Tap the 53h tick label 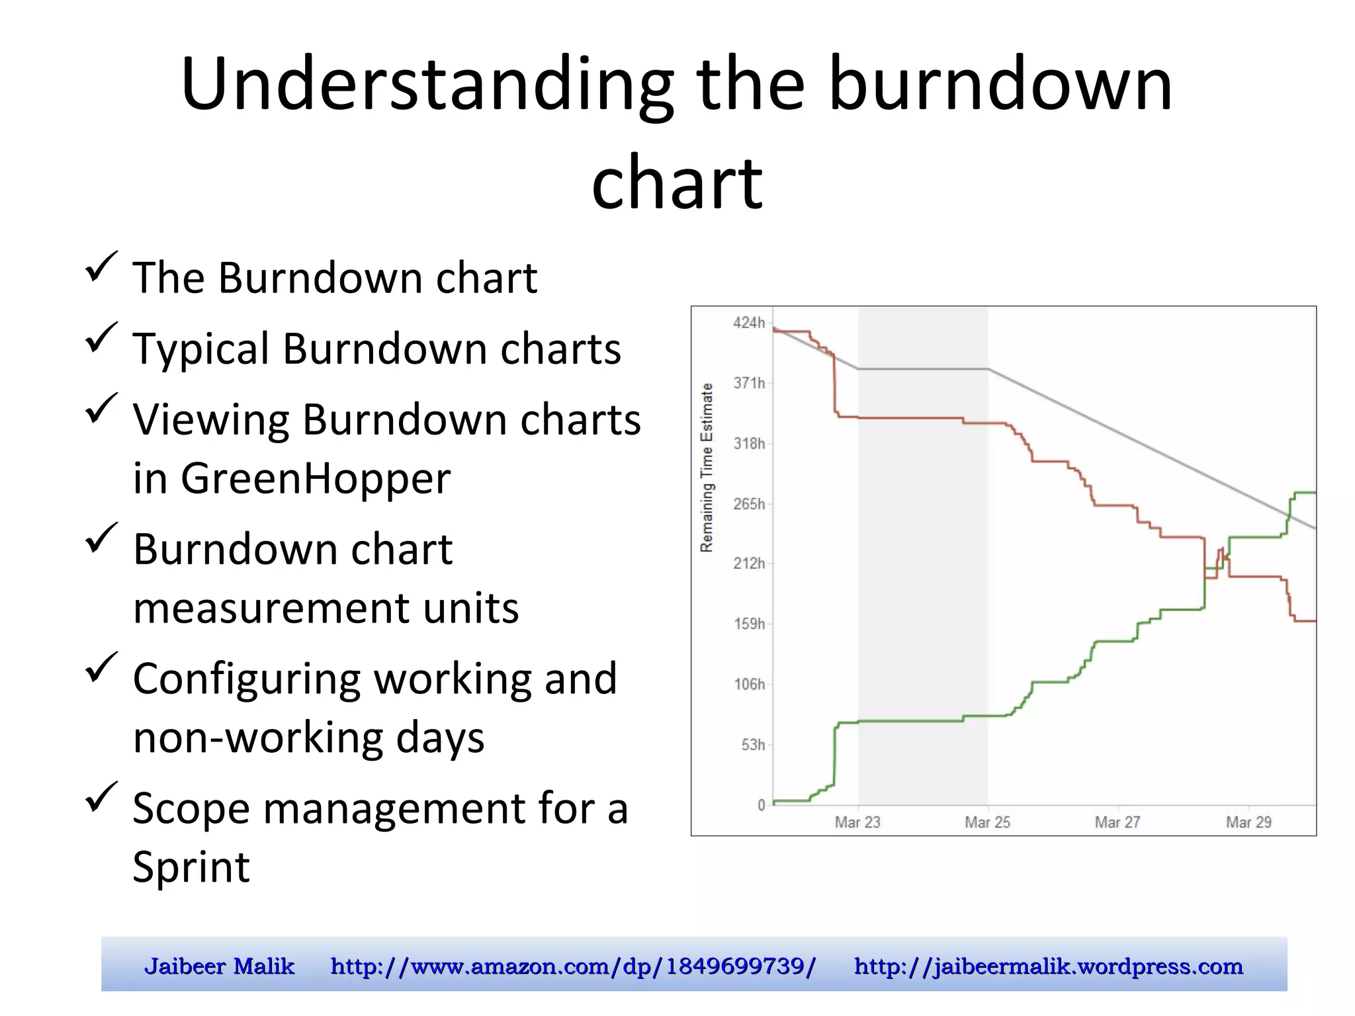pos(752,745)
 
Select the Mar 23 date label pos(857,822)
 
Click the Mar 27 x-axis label pos(1117,822)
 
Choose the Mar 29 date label pos(1248,822)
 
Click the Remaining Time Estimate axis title pos(707,468)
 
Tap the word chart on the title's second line pos(677,182)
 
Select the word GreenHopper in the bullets pos(315,478)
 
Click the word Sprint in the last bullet pos(191,867)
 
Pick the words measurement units pos(326,607)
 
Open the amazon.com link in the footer pos(573,966)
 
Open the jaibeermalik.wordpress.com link pos(1048,966)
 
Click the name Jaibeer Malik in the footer pos(219,966)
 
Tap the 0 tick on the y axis pos(761,805)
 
